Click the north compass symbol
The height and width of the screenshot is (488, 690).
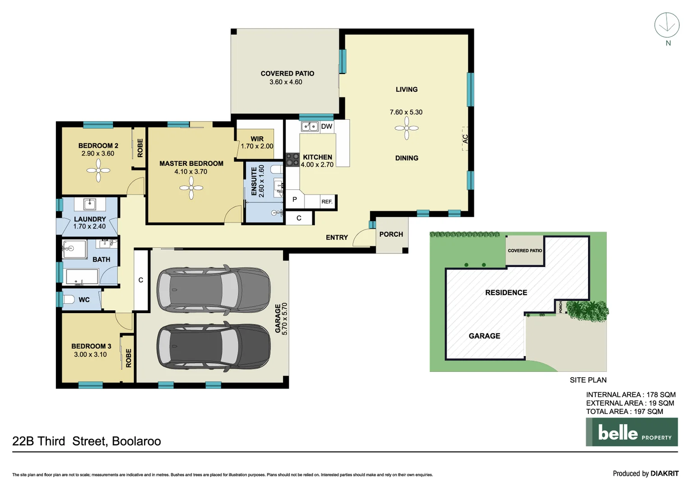667,25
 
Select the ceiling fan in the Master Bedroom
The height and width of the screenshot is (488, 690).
191,188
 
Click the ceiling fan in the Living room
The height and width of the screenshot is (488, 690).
407,128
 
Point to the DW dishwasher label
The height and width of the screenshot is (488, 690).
326,127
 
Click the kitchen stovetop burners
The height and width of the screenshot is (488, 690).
292,160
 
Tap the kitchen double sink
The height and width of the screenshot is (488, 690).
310,127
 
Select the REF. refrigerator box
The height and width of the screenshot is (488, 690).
327,202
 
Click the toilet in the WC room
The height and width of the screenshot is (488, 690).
69,299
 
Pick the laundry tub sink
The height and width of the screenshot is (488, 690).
90,204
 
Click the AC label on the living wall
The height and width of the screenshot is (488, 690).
465,139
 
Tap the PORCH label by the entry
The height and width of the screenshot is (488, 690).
391,234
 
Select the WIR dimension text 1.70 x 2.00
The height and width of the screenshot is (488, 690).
257,146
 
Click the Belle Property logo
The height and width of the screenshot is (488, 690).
631,432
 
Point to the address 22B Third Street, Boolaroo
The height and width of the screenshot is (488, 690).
87,441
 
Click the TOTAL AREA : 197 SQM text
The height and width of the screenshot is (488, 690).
624,412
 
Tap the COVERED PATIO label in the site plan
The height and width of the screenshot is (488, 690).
524,250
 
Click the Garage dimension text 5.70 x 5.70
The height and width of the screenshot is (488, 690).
285,319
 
